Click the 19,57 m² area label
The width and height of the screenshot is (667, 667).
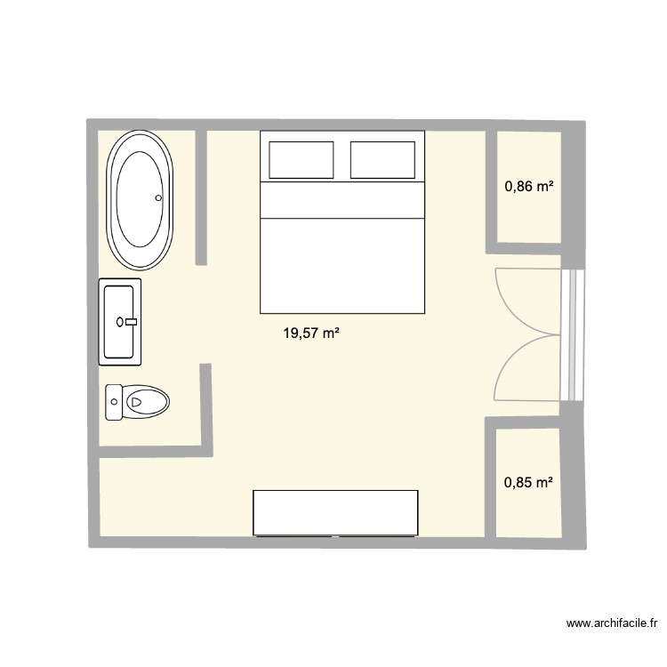tap(311, 333)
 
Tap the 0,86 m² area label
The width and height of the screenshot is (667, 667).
tap(529, 187)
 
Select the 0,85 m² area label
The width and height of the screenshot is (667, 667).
tap(528, 484)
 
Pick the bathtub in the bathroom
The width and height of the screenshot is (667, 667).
tap(141, 199)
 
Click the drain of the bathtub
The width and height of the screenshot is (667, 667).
tap(158, 199)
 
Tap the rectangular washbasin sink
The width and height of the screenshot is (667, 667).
tap(119, 322)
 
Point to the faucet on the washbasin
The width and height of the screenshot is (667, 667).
tap(131, 322)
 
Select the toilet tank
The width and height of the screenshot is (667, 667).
tap(114, 402)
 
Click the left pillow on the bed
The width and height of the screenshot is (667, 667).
tap(301, 158)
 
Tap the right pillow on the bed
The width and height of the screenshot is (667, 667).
tap(383, 158)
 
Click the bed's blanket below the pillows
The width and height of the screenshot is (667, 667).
tap(342, 262)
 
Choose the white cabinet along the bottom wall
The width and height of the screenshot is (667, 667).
tap(335, 513)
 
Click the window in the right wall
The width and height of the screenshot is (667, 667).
tap(572, 333)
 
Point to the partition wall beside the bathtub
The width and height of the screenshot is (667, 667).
tap(201, 197)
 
